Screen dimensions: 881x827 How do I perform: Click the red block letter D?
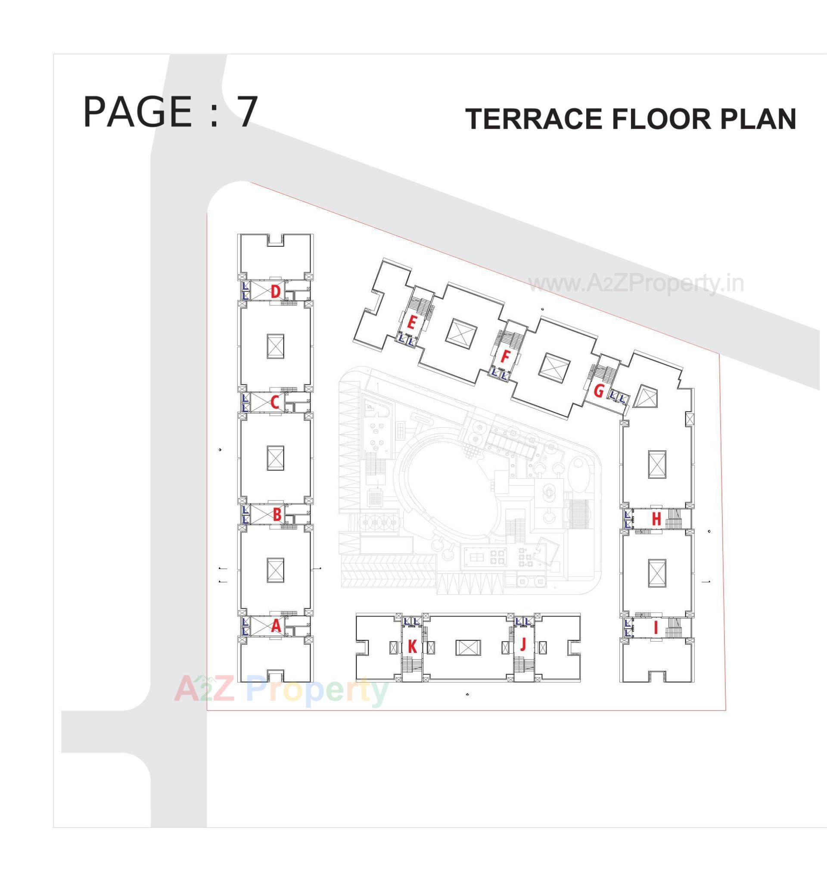[x=276, y=292]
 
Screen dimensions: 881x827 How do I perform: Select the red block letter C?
[x=275, y=403]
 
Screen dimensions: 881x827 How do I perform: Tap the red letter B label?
[x=277, y=515]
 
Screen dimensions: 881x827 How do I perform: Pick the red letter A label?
[x=276, y=626]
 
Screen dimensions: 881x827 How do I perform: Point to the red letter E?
[x=411, y=323]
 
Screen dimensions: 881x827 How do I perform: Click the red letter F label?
[x=505, y=356]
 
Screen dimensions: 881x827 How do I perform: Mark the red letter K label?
[x=412, y=647]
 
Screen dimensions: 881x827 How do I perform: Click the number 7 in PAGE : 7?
[x=247, y=112]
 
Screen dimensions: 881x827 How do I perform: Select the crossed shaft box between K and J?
[x=468, y=648]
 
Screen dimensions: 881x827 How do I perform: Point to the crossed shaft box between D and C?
[x=275, y=346]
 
